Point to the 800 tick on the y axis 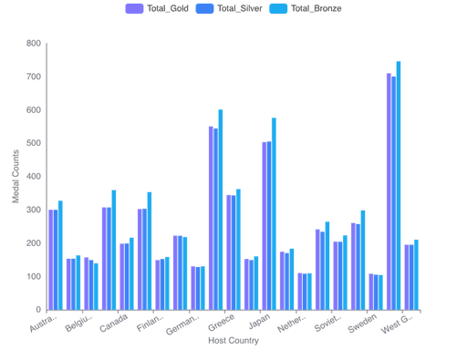point(33,43)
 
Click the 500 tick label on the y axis point(33,143)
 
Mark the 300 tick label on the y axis point(33,210)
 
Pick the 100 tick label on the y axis point(33,276)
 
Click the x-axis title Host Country point(233,341)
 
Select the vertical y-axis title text point(15,177)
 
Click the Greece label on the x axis point(220,323)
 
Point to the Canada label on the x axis point(114,323)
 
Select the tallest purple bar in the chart point(389,191)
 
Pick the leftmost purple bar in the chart point(52,259)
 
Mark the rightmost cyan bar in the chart point(416,274)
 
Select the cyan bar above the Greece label point(220,210)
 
